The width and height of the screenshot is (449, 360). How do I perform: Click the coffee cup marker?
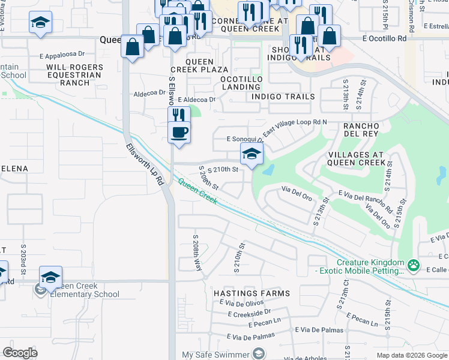pyautogui.click(x=179, y=131)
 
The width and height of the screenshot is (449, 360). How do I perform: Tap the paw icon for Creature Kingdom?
pyautogui.click(x=413, y=265)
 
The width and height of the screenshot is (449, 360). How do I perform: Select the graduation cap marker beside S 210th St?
pyautogui.click(x=252, y=154)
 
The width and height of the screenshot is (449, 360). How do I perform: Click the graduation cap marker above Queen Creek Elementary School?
pyautogui.click(x=51, y=277)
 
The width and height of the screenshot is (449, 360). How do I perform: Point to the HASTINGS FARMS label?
pyautogui.click(x=252, y=293)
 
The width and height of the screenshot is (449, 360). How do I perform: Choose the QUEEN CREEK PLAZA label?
pyautogui.click(x=206, y=65)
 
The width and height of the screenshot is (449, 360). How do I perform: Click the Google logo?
pyautogui.click(x=20, y=353)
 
